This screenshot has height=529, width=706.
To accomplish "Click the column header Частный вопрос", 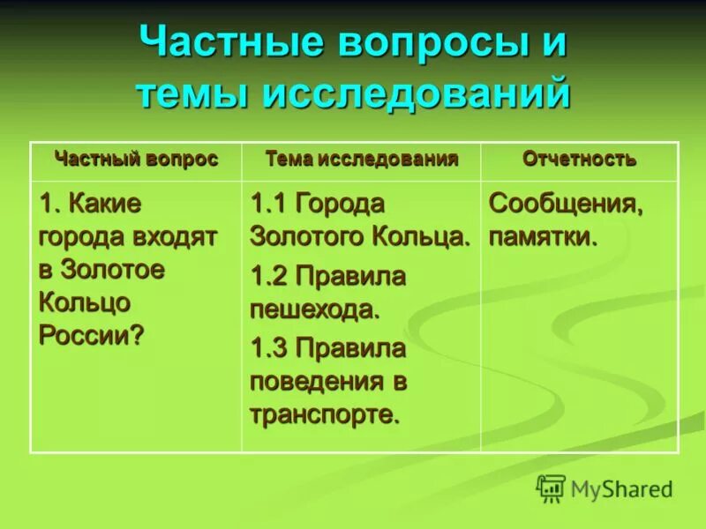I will click(136, 160).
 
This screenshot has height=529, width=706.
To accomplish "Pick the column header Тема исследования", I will click(362, 160).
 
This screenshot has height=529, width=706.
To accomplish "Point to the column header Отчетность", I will click(579, 160).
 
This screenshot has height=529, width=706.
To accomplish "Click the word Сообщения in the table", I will click(566, 205).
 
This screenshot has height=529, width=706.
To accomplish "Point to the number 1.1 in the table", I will click(269, 205).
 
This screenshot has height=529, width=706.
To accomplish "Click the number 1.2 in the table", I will click(269, 277).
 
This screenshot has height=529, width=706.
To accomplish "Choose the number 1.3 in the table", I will click(269, 349).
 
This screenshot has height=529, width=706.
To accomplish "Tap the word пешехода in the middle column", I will click(313, 309).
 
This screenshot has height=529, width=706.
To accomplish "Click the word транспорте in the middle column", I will click(322, 414).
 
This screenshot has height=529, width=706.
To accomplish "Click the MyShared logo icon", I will click(552, 488).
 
